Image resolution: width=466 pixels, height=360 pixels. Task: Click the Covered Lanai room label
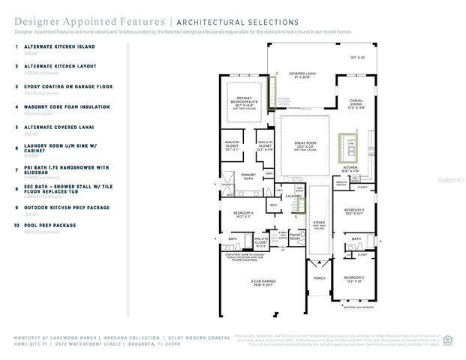click(305, 75)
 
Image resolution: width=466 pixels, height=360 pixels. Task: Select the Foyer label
click(319, 223)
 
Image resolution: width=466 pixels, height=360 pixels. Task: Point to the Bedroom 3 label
click(353, 211)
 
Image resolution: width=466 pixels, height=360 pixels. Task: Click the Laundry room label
click(293, 196)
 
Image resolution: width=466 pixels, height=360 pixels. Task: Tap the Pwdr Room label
click(295, 235)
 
